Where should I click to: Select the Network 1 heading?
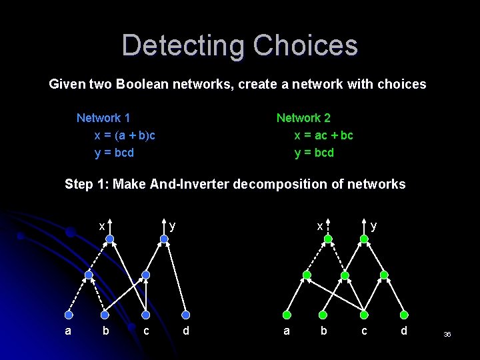point(103,118)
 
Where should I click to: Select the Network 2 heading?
point(303,118)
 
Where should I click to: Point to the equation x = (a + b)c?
point(125,135)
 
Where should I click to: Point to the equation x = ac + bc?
point(323,135)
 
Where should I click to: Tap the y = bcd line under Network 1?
point(114,153)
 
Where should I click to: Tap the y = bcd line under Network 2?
point(314,153)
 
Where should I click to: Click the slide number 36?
point(447,334)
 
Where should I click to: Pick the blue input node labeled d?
point(186,315)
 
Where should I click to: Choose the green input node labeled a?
point(287,315)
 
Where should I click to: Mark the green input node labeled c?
point(364,315)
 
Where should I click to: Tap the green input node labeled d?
point(404,315)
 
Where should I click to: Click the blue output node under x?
point(109,238)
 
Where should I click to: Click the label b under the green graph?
point(324,330)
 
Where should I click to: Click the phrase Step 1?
point(87,184)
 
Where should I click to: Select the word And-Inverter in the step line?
point(192,184)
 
